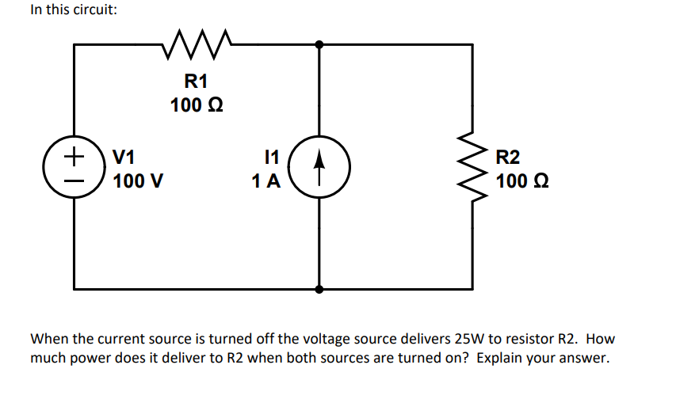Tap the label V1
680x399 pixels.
click(x=127, y=157)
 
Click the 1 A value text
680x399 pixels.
click(x=266, y=181)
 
